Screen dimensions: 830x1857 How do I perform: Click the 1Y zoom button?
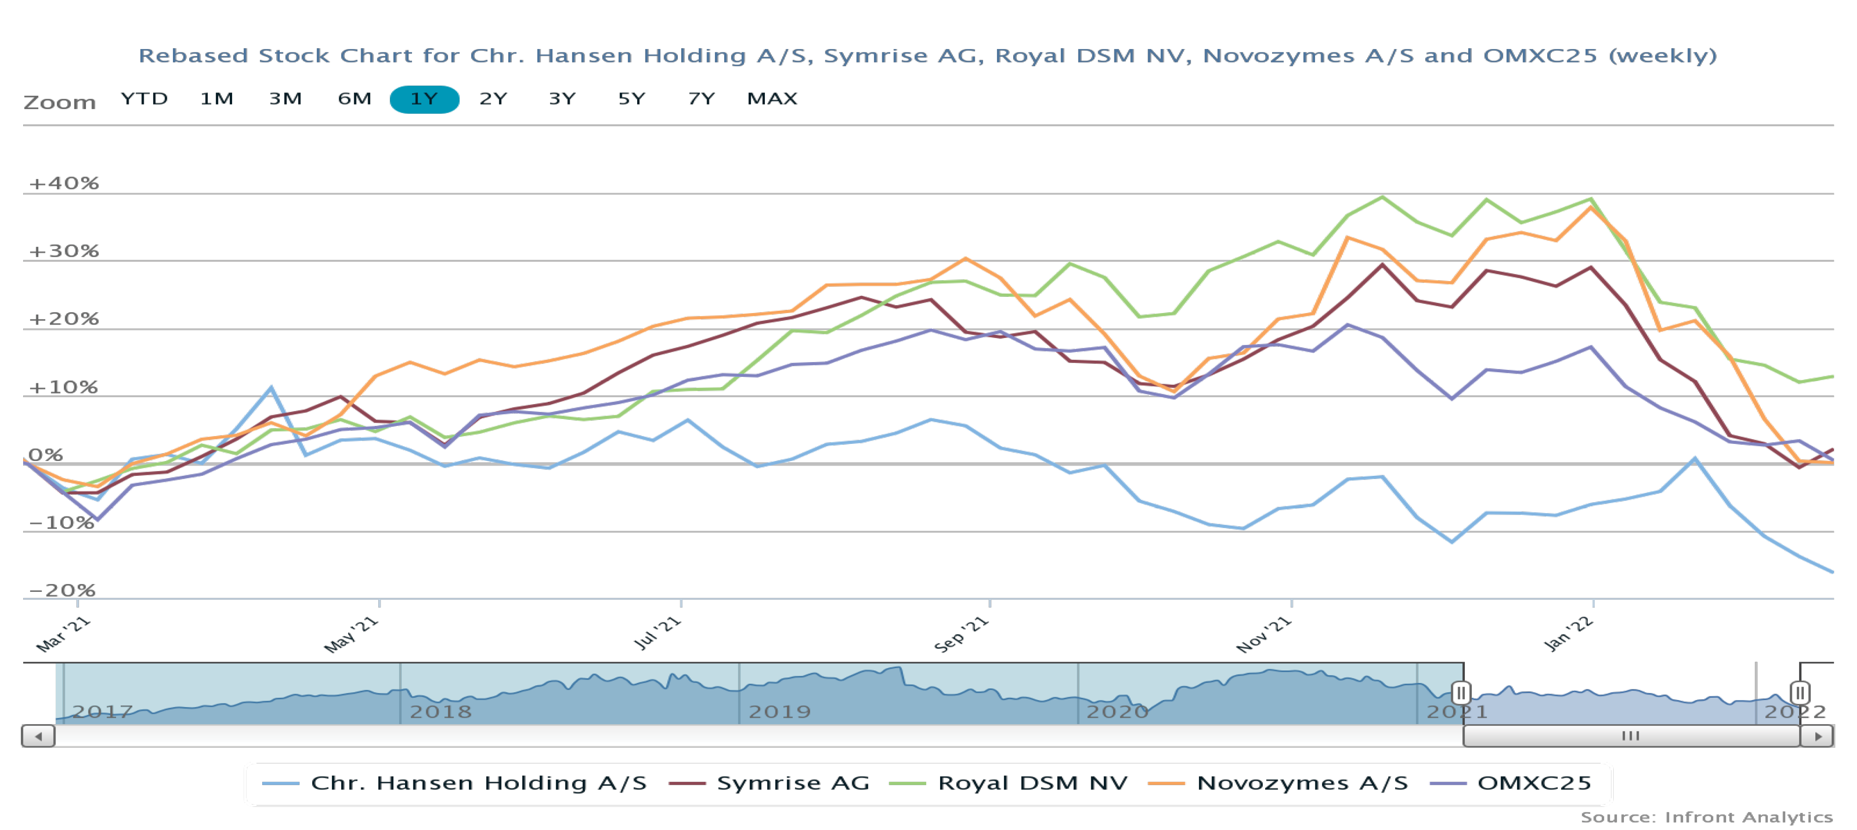point(424,99)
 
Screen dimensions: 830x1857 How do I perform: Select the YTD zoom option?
point(144,99)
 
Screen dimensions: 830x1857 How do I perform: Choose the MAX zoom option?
point(772,99)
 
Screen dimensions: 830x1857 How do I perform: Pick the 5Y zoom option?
point(632,99)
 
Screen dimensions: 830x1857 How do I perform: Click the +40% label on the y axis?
point(63,183)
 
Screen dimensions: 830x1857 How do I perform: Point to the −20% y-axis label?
point(62,590)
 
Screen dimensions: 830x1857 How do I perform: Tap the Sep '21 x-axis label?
point(961,634)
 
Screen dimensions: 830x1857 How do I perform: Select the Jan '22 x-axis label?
point(1568,634)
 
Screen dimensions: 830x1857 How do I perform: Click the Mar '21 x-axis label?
point(63,634)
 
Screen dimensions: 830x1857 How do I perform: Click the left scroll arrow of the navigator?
point(38,736)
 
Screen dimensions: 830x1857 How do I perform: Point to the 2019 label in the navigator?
point(779,712)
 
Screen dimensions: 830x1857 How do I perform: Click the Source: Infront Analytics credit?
point(1706,817)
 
